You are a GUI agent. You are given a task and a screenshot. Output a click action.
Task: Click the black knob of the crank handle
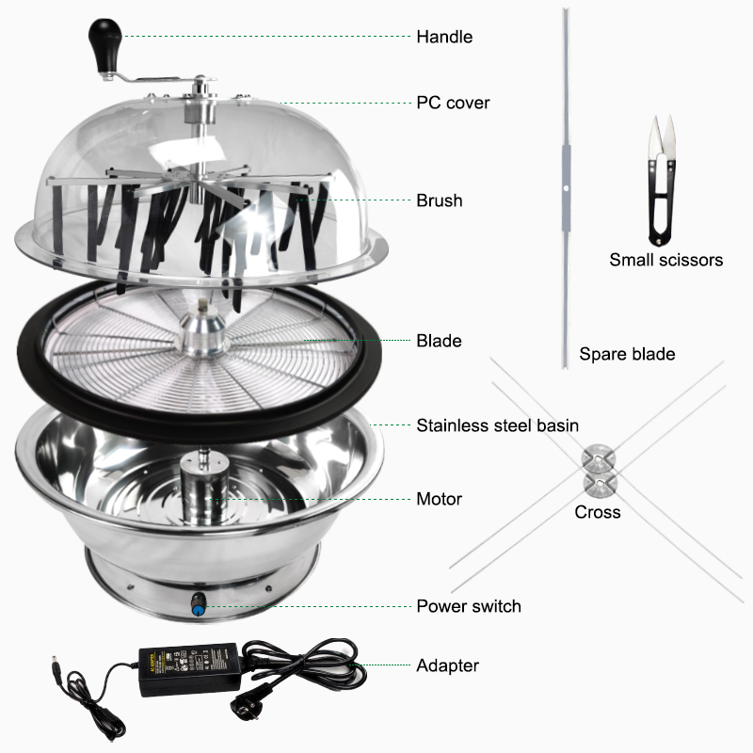(101, 40)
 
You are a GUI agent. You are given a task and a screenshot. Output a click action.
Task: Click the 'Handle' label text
(444, 37)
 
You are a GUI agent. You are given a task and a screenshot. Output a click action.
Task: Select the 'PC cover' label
(453, 103)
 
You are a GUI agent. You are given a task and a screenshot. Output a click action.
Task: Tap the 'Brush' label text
(439, 200)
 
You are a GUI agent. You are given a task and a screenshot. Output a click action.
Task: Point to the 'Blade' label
(438, 341)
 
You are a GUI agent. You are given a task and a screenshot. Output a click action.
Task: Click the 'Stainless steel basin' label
(497, 425)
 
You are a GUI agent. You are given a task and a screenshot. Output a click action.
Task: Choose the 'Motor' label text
(439, 498)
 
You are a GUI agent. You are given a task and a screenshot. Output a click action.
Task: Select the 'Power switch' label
(468, 605)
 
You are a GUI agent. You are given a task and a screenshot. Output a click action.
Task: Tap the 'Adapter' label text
(447, 665)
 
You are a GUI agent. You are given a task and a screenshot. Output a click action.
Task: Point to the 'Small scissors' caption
(665, 259)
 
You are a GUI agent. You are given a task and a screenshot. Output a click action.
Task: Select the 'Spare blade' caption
(627, 354)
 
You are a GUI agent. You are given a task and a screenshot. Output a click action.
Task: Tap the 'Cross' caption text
(598, 512)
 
